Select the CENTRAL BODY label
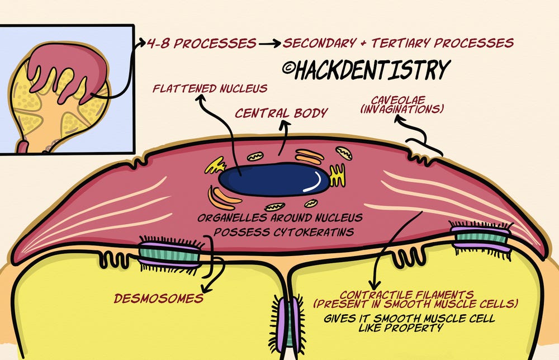click(281, 113)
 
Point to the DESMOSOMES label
click(159, 298)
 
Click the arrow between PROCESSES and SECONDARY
click(270, 43)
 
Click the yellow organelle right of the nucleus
click(338, 175)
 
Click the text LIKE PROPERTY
click(401, 328)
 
